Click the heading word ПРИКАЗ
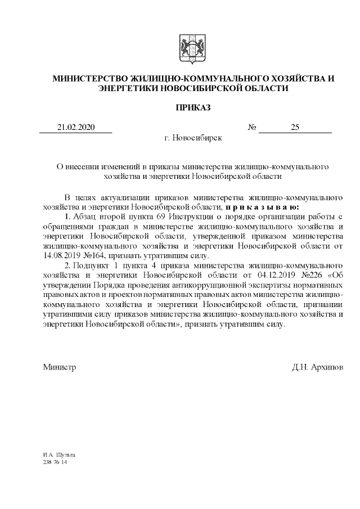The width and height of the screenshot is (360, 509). point(193,107)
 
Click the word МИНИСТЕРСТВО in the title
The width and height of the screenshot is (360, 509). point(89,78)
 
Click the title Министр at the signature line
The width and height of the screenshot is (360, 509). point(59,367)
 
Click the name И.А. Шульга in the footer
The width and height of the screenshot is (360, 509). point(58,454)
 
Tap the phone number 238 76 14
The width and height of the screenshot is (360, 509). point(55,462)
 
